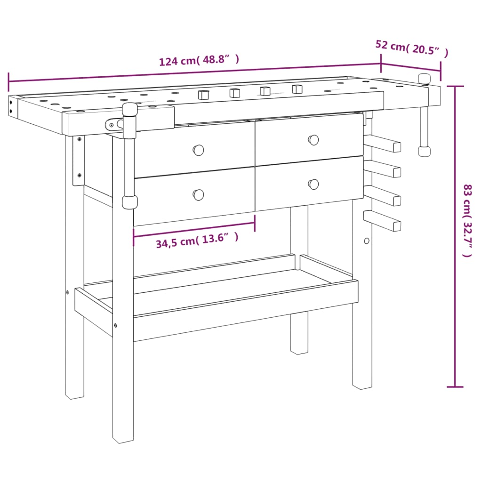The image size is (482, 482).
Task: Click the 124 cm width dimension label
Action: click(199, 60)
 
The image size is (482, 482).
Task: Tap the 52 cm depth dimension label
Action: click(411, 48)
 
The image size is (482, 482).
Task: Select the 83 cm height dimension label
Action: click(466, 220)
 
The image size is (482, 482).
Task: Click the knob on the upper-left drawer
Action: click(199, 150)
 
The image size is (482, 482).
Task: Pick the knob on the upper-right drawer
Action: click(313, 140)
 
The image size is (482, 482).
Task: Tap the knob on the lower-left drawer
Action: click(199, 194)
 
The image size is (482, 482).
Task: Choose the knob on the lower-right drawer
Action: click(313, 184)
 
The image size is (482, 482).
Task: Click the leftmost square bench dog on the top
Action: click(203, 94)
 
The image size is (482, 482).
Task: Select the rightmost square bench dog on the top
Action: click(297, 89)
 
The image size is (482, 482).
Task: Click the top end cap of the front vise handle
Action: click(129, 110)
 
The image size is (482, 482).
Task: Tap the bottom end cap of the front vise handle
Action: click(129, 202)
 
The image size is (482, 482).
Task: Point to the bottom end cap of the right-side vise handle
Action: click(424, 152)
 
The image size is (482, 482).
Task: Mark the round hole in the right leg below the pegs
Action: click(367, 241)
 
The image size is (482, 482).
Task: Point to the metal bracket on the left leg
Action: click(78, 160)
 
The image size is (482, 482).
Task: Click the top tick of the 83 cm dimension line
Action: click(455, 87)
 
